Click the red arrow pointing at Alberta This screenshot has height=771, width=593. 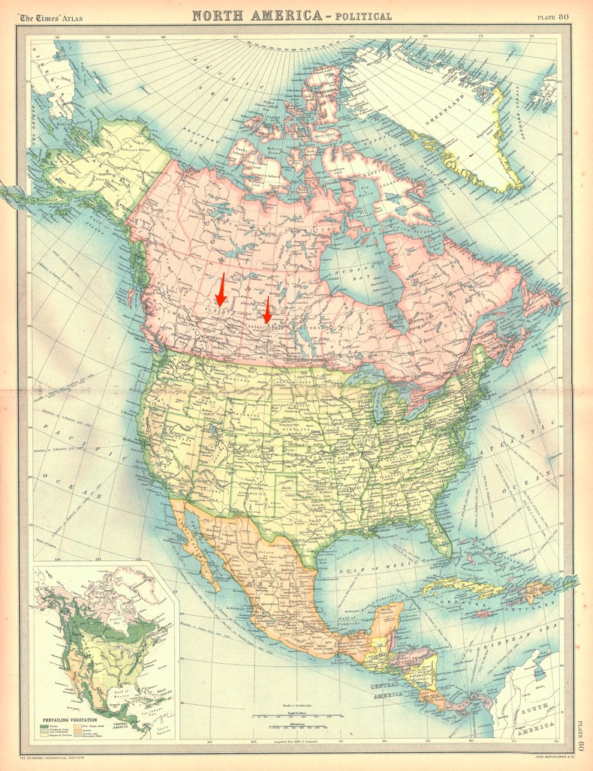pyautogui.click(x=221, y=291)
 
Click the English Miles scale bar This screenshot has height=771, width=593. pyautogui.click(x=296, y=715)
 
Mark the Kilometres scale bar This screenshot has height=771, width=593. pyautogui.click(x=296, y=728)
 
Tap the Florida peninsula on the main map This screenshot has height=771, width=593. pyautogui.click(x=439, y=536)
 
